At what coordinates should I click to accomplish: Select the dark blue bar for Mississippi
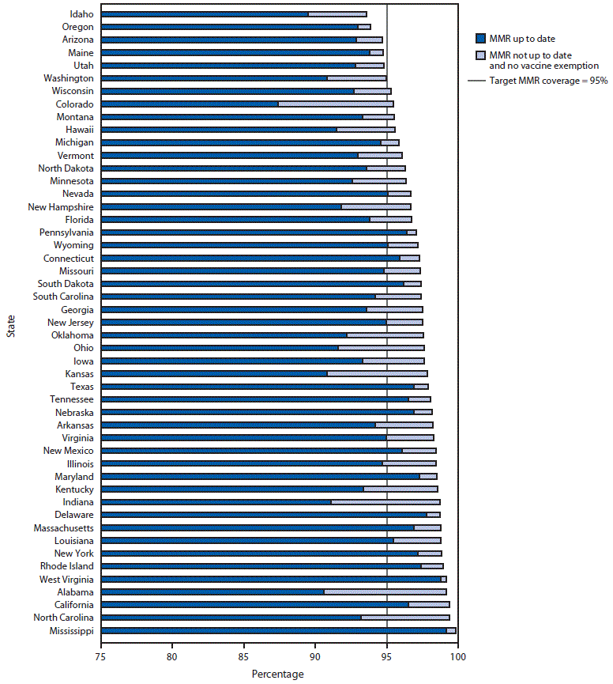click(x=273, y=630)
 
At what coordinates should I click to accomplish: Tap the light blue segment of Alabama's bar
click(x=385, y=591)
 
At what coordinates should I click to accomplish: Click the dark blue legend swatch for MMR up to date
click(x=479, y=38)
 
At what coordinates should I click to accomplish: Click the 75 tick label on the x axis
click(x=101, y=655)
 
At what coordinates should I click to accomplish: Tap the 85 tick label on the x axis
click(x=243, y=655)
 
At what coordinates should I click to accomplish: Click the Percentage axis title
click(x=277, y=674)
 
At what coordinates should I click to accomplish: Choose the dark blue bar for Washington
click(x=214, y=78)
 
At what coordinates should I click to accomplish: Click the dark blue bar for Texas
click(x=258, y=386)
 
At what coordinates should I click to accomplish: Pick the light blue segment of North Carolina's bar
click(x=405, y=617)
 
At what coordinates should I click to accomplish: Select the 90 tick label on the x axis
click(x=314, y=655)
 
